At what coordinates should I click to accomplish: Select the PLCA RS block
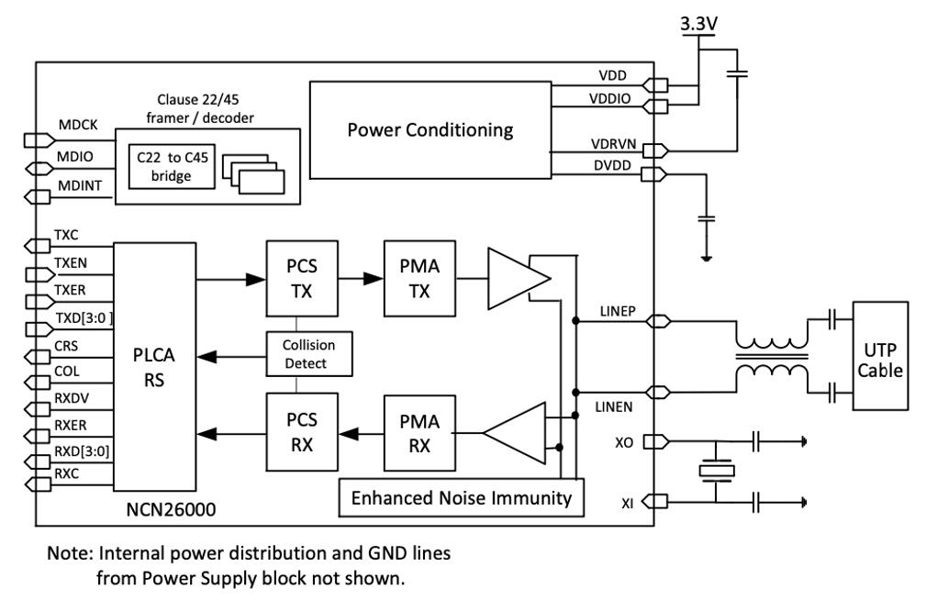tap(154, 366)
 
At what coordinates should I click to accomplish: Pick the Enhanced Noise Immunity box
tap(462, 498)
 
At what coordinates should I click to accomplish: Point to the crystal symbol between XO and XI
tap(715, 472)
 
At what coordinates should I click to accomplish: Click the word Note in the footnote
tap(66, 555)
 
